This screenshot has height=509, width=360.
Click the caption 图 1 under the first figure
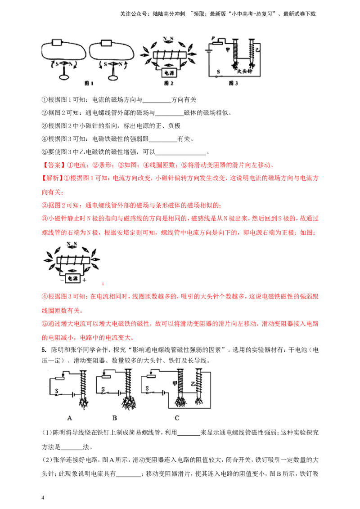89,84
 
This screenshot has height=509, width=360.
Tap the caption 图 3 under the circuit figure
233,84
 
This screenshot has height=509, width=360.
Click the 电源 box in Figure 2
169,73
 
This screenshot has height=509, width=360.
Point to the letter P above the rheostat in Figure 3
213,39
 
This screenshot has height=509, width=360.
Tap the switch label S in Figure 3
218,72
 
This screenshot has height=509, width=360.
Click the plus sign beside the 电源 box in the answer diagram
85,280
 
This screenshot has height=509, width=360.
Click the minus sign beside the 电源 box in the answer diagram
62,280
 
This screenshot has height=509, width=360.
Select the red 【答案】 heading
54,165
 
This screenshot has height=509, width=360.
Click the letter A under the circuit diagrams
70,418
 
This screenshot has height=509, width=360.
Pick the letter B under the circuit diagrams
114,418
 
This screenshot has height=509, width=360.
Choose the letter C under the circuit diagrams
177,418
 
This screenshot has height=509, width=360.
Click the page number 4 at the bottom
43,498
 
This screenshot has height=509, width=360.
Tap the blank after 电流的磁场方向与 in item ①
157,100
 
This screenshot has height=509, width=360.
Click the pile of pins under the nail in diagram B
129,402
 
